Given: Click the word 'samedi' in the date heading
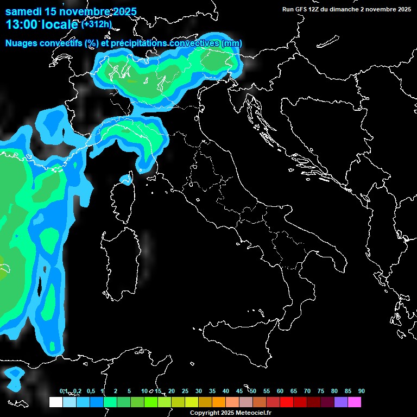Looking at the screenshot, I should (23, 11).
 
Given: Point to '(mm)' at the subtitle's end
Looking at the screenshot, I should (231, 43).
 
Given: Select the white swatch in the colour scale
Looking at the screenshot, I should (56, 402).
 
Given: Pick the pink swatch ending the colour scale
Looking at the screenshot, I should (355, 402).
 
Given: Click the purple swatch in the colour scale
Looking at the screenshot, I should (341, 402).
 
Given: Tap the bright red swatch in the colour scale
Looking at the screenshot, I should (287, 402).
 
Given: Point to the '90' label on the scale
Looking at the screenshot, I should (362, 391).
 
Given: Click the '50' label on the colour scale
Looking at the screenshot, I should (253, 391).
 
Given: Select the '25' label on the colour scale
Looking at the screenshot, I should (185, 391).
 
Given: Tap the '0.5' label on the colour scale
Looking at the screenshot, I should (90, 391).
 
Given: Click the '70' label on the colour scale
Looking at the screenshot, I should (307, 391).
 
